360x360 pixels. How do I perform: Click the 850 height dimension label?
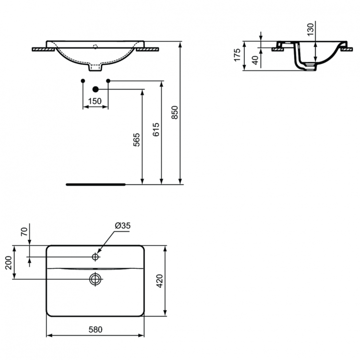[175, 112]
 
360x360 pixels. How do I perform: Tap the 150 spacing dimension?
[95, 101]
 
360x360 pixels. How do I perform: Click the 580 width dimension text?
[96, 330]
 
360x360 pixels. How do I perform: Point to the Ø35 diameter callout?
[123, 226]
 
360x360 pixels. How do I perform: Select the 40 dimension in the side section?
[255, 60]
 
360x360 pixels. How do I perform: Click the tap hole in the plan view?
[96, 257]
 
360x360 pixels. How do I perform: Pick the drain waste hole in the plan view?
[96, 278]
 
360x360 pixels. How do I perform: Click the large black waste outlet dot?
[95, 89]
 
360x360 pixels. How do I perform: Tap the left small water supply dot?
[83, 81]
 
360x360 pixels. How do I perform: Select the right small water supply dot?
[108, 81]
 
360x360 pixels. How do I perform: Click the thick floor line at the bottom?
[95, 184]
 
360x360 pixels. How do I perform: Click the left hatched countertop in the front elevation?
[43, 49]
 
